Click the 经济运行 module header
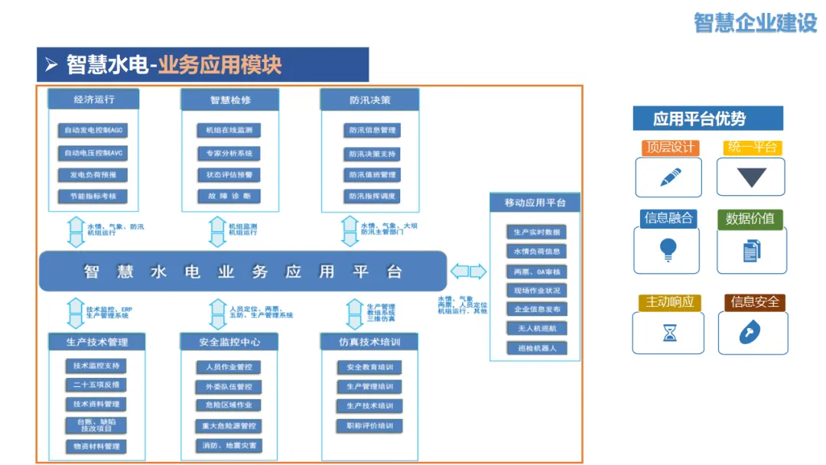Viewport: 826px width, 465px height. coord(94,99)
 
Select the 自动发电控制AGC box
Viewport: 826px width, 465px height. coord(93,131)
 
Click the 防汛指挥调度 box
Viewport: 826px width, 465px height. coord(372,197)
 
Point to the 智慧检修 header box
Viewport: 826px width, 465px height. coord(230,99)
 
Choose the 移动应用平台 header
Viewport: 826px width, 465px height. coord(535,203)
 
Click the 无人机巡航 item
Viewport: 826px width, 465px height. coord(536,328)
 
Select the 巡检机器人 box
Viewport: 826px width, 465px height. coord(536,348)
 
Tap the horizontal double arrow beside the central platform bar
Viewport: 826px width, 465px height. coord(468,272)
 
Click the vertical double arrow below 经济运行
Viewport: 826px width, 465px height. coord(76,232)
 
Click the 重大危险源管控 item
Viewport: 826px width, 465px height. coord(229,426)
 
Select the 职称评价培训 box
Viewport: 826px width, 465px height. coord(369,425)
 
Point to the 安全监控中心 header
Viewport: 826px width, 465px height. coord(230,342)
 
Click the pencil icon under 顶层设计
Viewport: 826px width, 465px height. coord(670,177)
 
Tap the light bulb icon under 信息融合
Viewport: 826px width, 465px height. coord(668,249)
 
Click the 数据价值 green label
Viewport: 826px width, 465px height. coord(750,219)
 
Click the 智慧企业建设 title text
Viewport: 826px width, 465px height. coord(755,23)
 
